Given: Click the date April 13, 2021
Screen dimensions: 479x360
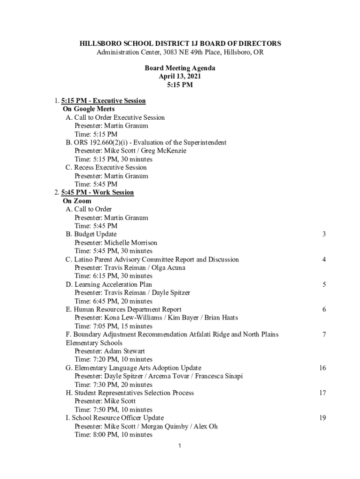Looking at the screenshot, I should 180,77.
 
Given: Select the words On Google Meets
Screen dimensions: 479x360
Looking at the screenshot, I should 89,109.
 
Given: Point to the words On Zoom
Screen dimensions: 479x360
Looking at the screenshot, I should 77,201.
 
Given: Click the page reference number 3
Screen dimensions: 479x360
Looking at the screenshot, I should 324,234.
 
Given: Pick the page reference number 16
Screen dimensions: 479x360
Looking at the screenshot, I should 323,368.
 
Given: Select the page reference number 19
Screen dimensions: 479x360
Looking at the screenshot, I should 323,418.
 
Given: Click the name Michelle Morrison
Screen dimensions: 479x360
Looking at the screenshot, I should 130,243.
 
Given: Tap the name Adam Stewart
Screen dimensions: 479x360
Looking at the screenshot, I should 124,351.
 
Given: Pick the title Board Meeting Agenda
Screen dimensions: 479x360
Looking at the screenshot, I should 180,68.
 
